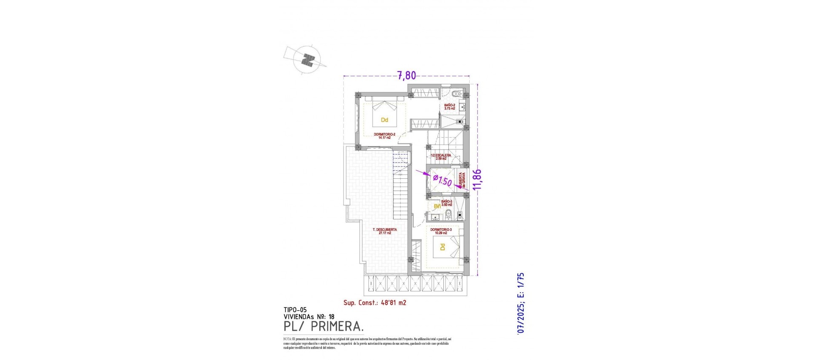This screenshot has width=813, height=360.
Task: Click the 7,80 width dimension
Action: [406, 76]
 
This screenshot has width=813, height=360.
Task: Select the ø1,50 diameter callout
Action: [442, 181]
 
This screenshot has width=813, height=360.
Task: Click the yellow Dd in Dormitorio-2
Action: [384, 120]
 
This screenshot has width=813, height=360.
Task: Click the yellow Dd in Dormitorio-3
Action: [442, 247]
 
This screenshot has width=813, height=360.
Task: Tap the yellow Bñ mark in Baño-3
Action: [437, 206]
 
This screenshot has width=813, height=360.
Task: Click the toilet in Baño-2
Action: [456, 94]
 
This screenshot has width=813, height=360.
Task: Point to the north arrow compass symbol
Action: [308, 60]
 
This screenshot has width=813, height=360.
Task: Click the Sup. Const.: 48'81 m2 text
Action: [375, 303]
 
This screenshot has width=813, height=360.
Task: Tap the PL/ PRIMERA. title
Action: [324, 327]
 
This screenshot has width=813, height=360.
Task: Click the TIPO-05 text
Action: [295, 310]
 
